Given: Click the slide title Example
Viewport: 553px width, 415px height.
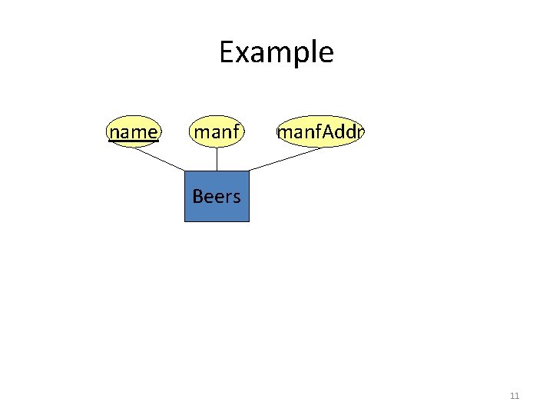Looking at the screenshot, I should coord(276,52).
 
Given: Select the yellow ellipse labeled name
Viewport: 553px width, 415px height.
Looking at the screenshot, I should coord(134,132).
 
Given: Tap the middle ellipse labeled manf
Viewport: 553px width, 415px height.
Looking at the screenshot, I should coord(217,132).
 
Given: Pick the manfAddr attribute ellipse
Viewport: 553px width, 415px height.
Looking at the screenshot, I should coord(320,132).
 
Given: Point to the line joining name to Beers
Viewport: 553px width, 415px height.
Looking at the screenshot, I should coord(160,159).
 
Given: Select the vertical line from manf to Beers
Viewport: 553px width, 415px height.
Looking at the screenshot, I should coord(217,159).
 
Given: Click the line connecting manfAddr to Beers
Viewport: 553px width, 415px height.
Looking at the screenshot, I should coord(286,159).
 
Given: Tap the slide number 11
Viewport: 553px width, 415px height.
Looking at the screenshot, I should coord(515,396).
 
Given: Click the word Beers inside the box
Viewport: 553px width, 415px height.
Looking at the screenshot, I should coord(217,197).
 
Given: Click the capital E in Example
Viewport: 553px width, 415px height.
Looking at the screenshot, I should coord(227,52).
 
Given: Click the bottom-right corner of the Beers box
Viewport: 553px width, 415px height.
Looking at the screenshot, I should coord(249,221).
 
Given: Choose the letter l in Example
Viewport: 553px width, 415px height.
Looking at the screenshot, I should coord(310,51).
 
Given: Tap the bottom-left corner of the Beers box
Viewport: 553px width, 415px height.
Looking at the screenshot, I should coord(185,221).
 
